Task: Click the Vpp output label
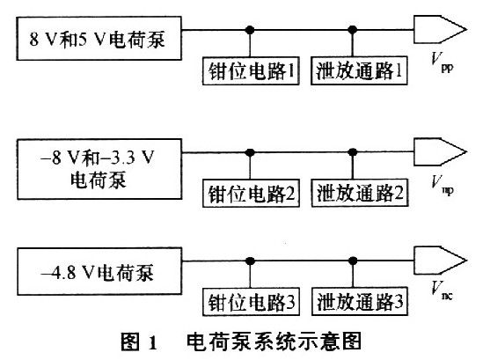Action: [442, 62]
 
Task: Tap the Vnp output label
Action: [442, 185]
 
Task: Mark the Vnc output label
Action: [442, 290]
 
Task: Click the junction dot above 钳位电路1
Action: [250, 30]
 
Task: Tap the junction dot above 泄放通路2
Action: [353, 152]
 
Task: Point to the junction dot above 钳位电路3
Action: [251, 261]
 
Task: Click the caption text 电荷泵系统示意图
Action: [274, 342]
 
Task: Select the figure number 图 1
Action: [139, 342]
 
